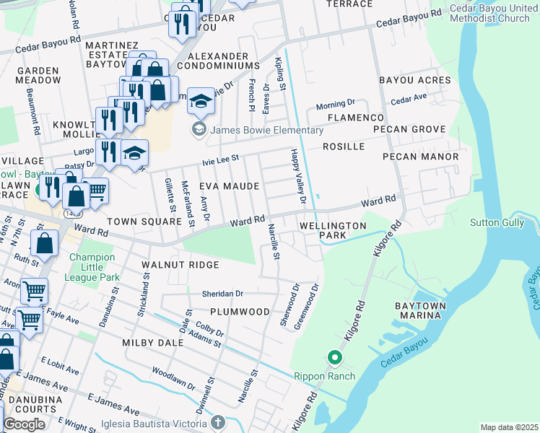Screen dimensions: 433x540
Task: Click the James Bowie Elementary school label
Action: (266, 130)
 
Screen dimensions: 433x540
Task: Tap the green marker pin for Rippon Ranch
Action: (334, 357)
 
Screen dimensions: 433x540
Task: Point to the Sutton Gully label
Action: (497, 222)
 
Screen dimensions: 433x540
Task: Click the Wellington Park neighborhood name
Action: (333, 231)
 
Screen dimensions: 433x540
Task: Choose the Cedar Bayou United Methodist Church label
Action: (489, 13)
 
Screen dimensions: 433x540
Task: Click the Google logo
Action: (24, 424)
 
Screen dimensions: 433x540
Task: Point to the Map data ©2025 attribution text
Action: (508, 427)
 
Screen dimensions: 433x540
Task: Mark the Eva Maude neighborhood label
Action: (229, 186)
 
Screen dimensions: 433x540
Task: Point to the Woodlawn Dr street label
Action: (173, 382)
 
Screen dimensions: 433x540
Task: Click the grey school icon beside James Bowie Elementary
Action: (198, 130)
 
